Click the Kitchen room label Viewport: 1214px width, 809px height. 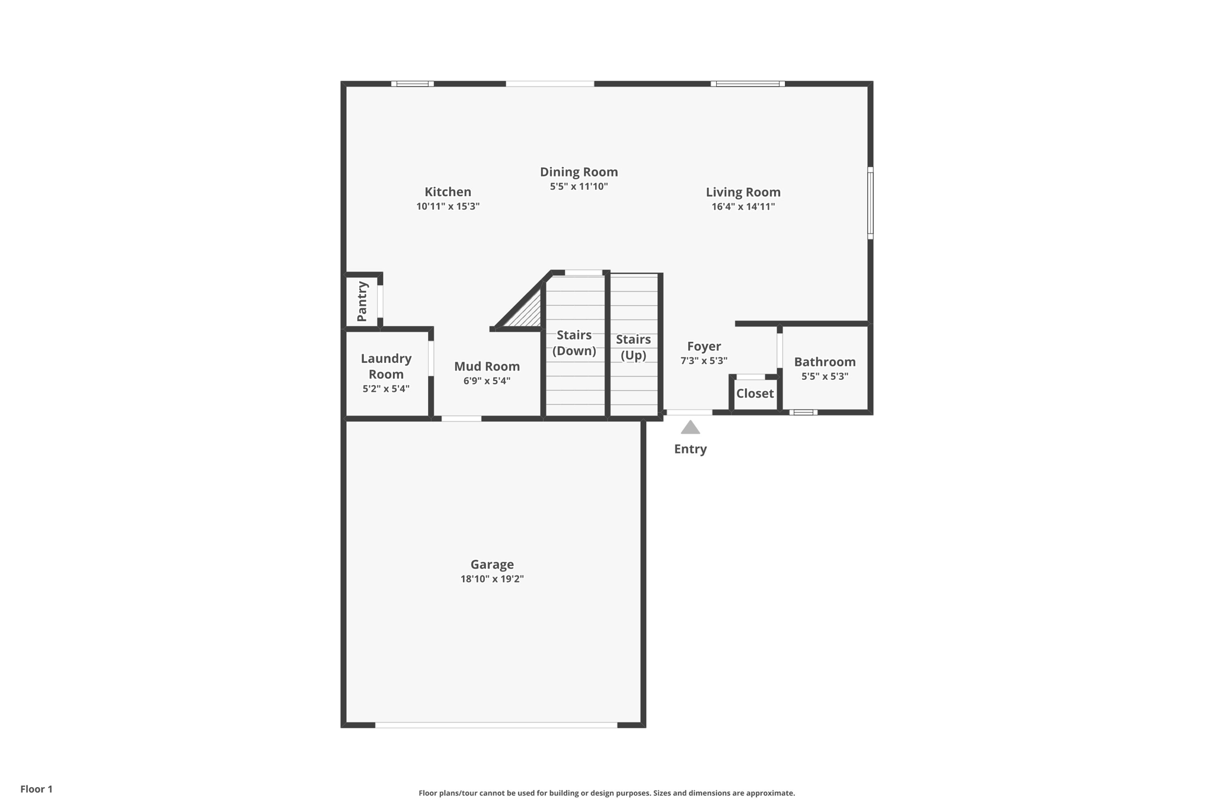pos(448,192)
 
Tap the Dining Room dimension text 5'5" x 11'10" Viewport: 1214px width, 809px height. pos(579,187)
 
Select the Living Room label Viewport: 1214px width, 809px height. pos(743,192)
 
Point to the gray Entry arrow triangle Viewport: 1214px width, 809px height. pos(690,428)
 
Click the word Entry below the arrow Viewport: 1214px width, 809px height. pos(690,449)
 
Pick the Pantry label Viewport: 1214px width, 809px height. pos(362,302)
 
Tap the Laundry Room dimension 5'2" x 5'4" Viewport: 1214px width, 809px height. pos(386,389)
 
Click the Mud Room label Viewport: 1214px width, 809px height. pos(487,366)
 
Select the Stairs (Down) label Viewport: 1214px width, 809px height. pos(574,343)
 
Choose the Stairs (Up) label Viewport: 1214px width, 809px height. pos(633,347)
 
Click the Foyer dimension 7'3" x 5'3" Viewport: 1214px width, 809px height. pos(704,361)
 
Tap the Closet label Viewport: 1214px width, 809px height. pos(755,394)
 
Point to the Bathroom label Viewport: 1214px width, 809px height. pos(825,362)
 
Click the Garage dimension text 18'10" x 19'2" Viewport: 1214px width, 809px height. pos(492,579)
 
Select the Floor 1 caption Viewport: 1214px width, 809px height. pos(36,789)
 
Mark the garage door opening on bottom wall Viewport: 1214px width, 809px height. pos(496,725)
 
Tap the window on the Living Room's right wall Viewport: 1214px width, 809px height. pos(870,203)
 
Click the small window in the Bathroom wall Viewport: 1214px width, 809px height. pos(803,413)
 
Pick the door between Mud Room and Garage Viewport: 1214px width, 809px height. pos(461,419)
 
